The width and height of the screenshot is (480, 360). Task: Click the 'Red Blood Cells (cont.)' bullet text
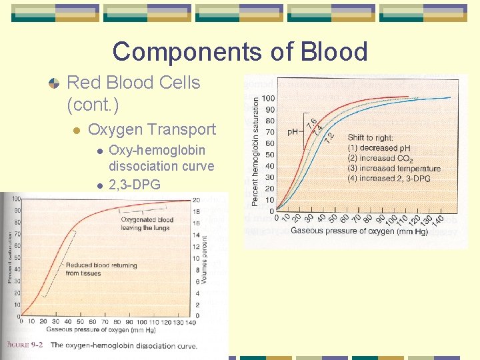pos(133,93)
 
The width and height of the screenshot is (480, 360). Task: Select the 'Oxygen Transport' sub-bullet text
pos(152,129)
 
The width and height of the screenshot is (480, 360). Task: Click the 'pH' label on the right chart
pos(293,132)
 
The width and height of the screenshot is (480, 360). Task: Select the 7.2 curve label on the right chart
pos(329,135)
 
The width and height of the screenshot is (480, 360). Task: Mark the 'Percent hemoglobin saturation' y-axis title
pos(256,151)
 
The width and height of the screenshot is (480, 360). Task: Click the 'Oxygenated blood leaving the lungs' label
pos(146,223)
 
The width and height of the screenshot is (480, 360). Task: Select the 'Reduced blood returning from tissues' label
pos(101,269)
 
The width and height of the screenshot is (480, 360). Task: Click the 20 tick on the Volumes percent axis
pos(196,200)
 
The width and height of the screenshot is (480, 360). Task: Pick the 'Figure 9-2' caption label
pos(26,345)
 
